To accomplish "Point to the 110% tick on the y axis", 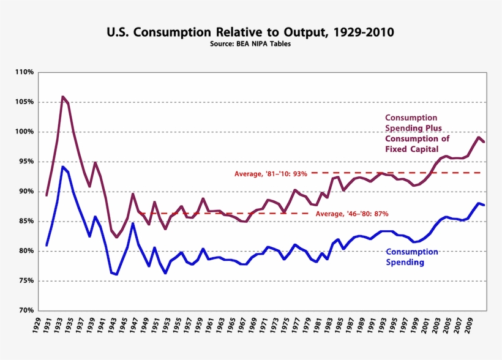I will click(x=24, y=72).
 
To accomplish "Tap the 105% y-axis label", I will click(x=24, y=102).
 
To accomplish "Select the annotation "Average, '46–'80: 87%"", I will click(x=352, y=214).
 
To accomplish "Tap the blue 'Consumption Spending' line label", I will click(x=412, y=257).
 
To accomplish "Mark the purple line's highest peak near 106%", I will click(x=62, y=97).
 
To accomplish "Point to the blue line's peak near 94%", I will click(x=62, y=167).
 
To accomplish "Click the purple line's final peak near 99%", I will click(x=479, y=137).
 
